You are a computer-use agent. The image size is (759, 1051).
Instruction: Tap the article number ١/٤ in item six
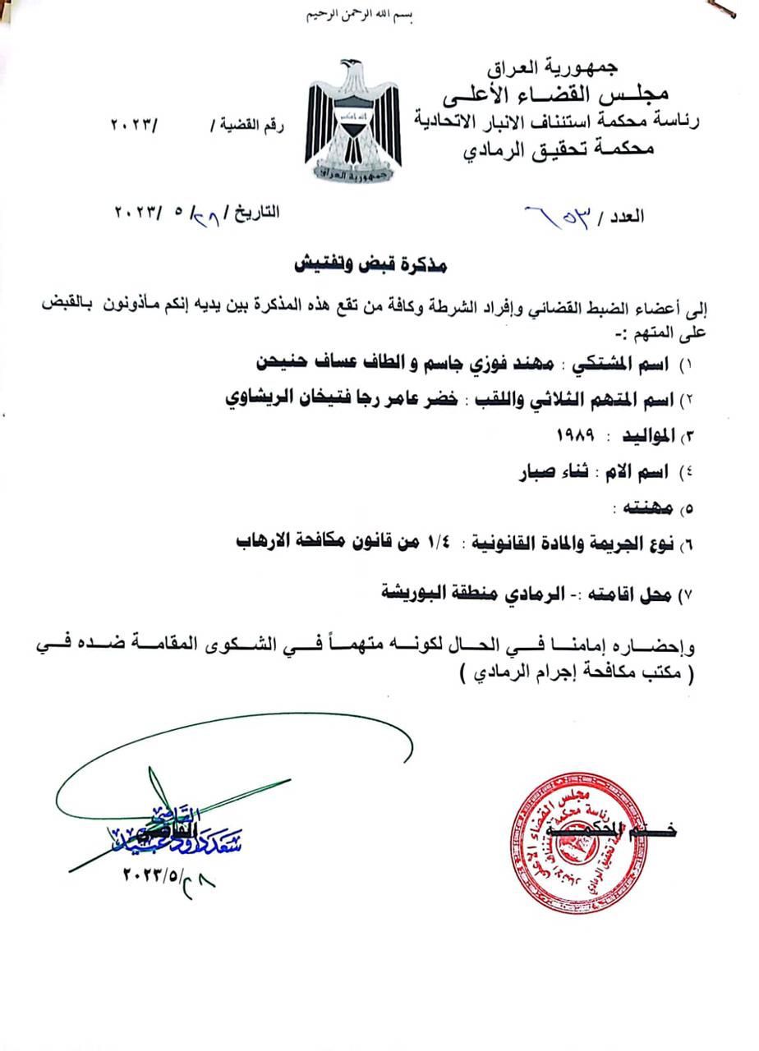pos(432,544)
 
